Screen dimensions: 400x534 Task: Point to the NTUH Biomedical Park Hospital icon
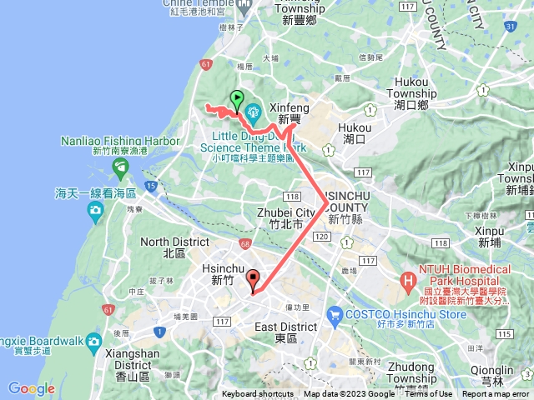(409, 279)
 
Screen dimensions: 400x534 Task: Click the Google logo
(31, 388)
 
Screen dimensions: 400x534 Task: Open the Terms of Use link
(428, 394)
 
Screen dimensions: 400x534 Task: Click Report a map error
(496, 394)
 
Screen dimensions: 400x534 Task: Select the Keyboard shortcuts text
(258, 394)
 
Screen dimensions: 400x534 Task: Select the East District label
(285, 327)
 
